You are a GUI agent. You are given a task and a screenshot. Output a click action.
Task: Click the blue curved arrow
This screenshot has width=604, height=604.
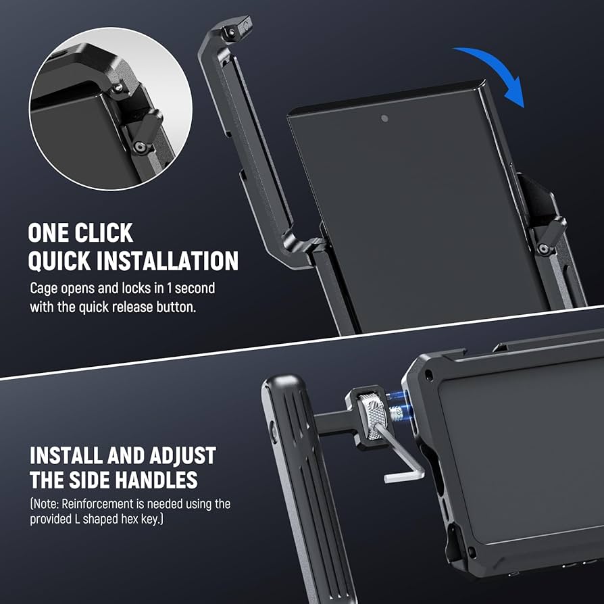click(x=497, y=71)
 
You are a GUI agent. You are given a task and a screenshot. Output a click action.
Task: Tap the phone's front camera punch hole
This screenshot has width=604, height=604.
click(x=384, y=118)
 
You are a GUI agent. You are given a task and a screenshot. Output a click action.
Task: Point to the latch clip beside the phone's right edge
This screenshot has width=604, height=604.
click(x=548, y=233)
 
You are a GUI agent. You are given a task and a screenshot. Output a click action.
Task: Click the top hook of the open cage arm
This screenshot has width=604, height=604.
click(x=230, y=30)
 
